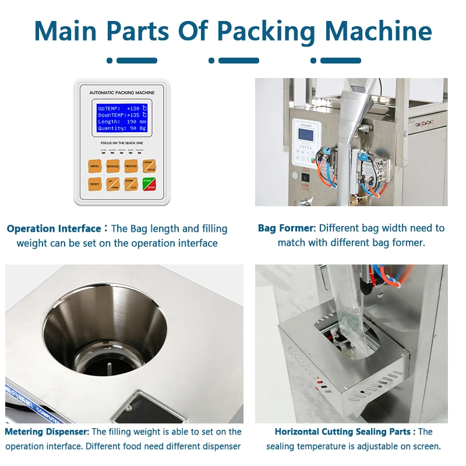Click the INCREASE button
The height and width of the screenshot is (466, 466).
113,167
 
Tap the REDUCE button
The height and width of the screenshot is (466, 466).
131,167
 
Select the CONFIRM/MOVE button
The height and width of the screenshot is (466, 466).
149,166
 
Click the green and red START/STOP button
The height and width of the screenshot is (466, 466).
149,184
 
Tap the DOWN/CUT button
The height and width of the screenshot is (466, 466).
131,184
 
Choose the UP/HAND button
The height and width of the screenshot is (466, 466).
113,184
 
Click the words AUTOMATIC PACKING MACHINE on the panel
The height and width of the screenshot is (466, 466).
122,93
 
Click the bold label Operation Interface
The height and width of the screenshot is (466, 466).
54,229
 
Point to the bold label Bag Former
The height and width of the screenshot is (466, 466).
287,228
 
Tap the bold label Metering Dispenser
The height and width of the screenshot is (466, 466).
47,432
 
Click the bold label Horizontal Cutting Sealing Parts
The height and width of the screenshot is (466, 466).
345,432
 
